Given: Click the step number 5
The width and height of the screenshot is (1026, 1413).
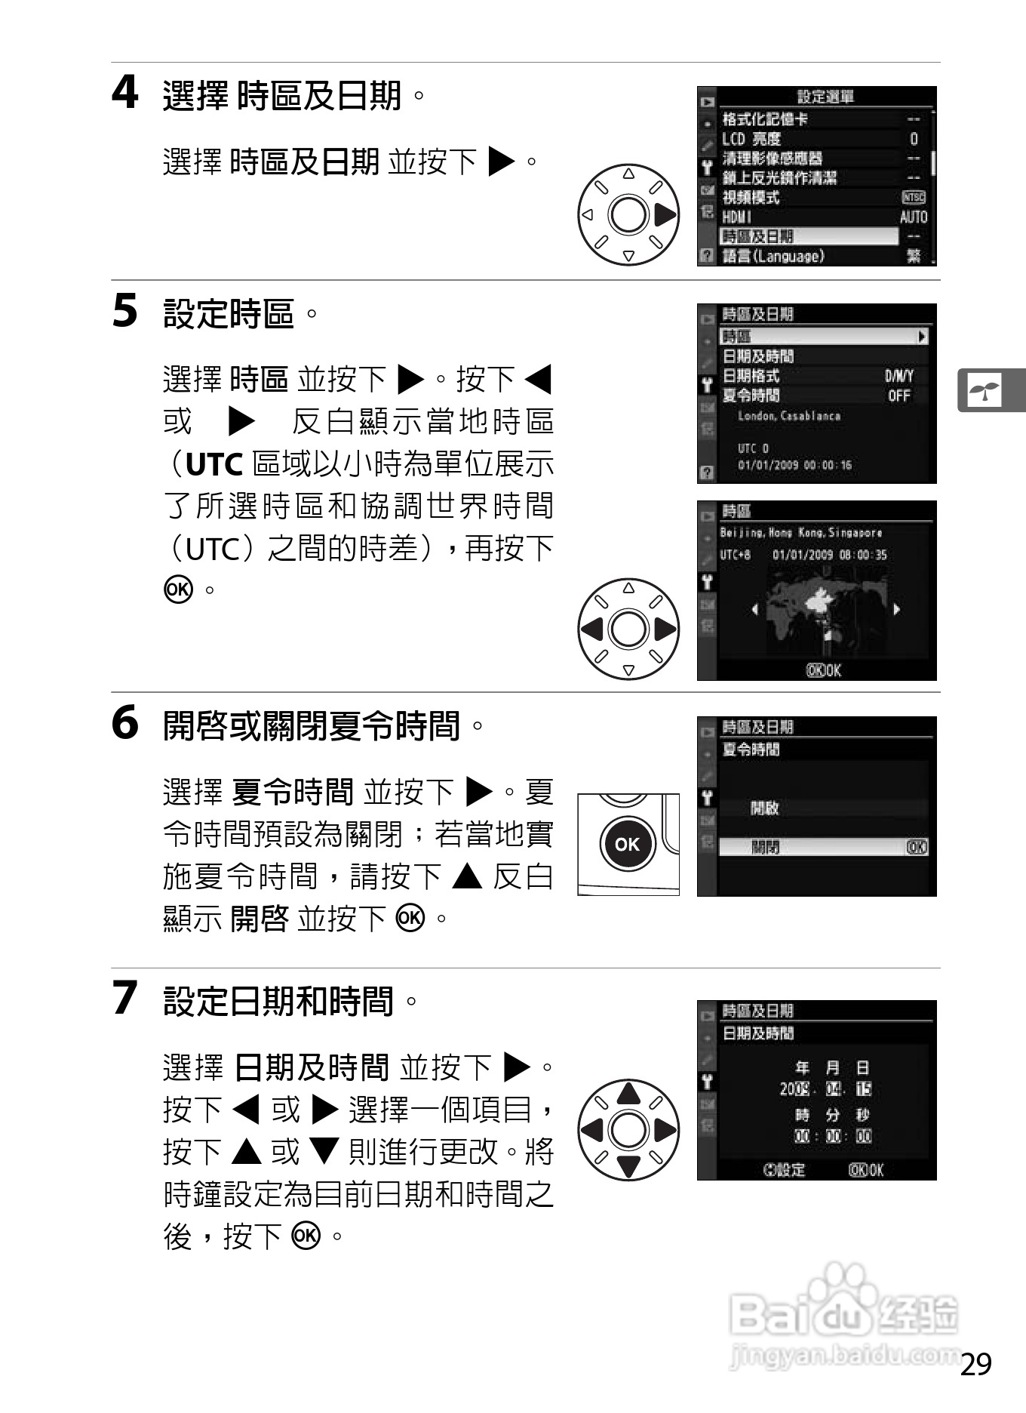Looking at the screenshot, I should point(125,311).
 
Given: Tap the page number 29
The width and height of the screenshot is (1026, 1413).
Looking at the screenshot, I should point(976,1365).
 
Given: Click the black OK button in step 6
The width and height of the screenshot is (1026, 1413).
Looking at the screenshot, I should point(627,844).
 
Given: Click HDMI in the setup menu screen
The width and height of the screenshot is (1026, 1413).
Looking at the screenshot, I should point(738,217).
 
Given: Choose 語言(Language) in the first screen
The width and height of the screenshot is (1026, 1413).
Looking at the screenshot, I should point(773,257).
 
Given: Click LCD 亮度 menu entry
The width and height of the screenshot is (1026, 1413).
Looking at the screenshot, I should point(751,139).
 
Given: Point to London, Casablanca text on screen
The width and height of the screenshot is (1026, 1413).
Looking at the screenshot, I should point(788,416).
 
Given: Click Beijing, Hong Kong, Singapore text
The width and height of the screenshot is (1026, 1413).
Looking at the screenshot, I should point(800,533).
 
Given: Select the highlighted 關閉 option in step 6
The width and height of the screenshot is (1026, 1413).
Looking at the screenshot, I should point(766,848).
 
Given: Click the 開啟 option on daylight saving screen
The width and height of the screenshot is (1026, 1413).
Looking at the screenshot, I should point(764,808).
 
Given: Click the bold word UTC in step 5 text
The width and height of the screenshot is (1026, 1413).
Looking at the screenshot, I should point(213,465).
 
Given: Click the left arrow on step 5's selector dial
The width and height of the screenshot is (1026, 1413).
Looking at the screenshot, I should point(592,630).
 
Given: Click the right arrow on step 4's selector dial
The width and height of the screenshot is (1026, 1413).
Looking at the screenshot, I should point(665,215).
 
